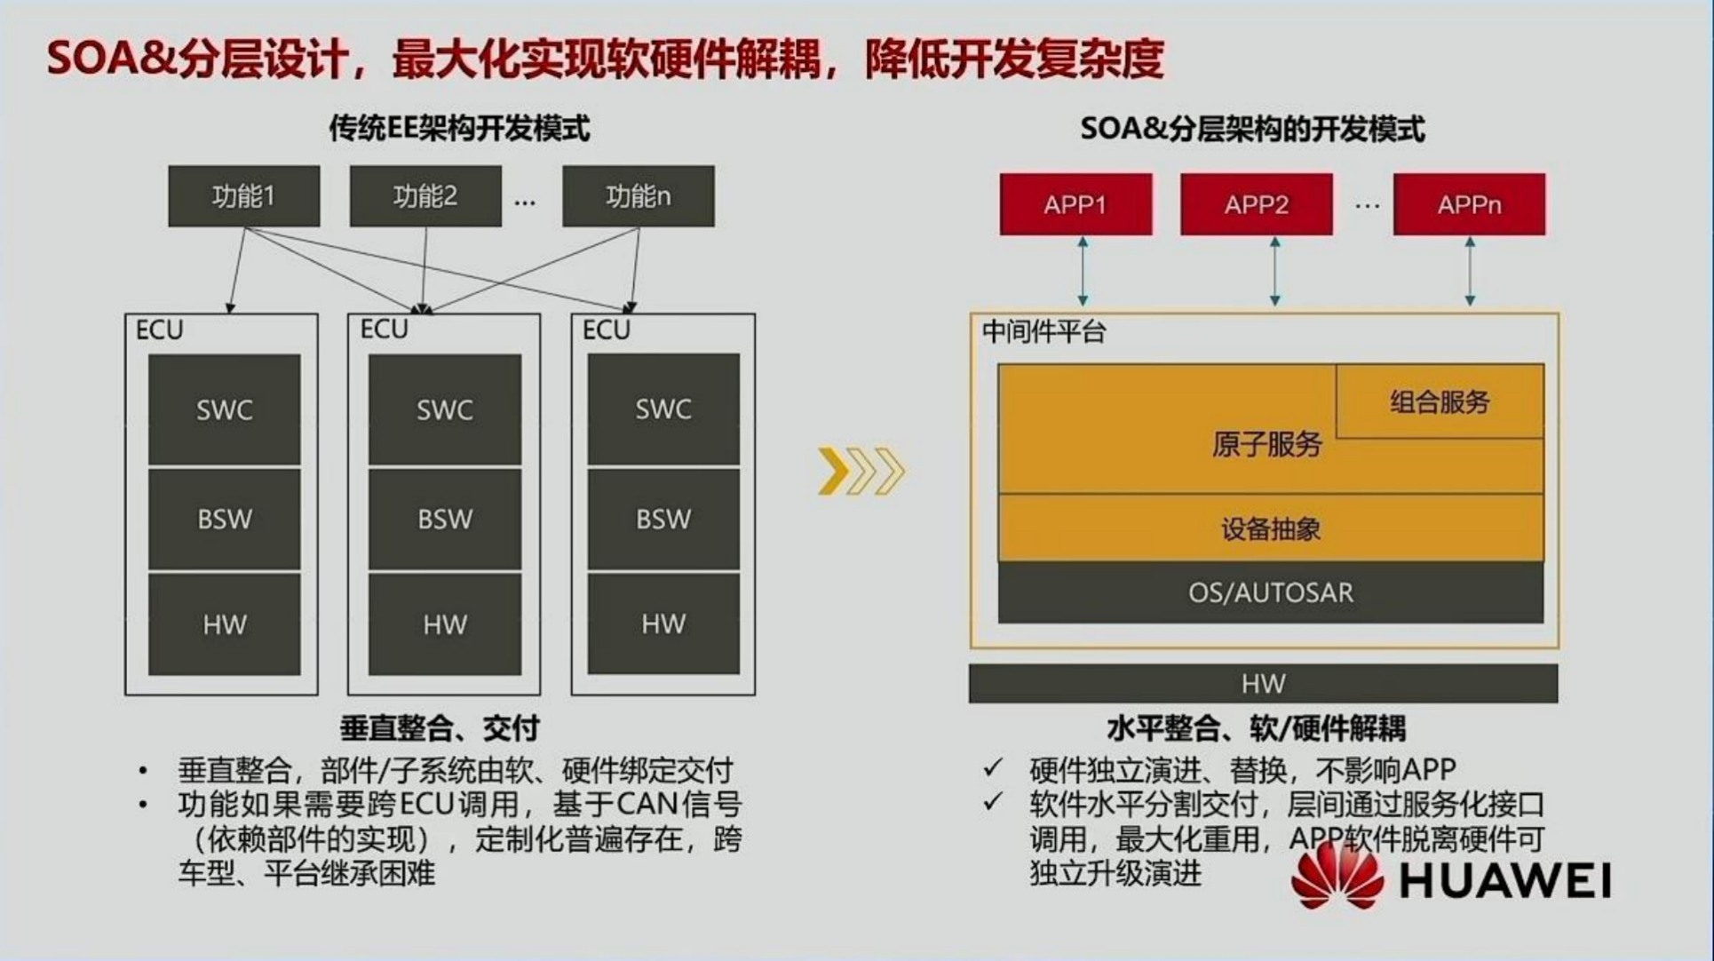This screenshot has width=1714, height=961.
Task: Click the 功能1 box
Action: (x=244, y=196)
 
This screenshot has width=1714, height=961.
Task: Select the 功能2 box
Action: (x=425, y=196)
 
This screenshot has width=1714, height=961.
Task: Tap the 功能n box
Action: (x=639, y=196)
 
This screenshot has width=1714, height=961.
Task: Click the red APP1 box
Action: (x=1075, y=204)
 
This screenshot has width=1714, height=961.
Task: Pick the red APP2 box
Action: (x=1257, y=204)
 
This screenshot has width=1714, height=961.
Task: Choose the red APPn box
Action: (x=1470, y=204)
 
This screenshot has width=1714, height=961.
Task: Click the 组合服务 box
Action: (x=1440, y=401)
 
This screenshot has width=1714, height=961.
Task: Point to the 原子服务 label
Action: (x=1267, y=444)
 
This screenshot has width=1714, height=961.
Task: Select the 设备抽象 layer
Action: (x=1271, y=528)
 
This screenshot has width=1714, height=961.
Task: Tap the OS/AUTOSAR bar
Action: (x=1271, y=592)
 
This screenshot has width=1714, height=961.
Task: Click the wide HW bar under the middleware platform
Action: (x=1263, y=683)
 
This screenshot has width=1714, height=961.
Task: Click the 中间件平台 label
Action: (x=1043, y=332)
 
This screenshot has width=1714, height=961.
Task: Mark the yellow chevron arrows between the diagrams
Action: (x=861, y=471)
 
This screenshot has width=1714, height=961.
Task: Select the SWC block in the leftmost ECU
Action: (x=225, y=409)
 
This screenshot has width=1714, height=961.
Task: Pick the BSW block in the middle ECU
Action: (x=445, y=519)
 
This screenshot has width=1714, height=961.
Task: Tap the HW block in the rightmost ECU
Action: (x=663, y=623)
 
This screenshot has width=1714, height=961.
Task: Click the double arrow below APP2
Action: (x=1275, y=272)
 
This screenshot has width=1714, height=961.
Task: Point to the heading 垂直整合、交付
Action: (x=440, y=728)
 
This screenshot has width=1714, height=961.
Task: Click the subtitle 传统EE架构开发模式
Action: (x=459, y=129)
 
